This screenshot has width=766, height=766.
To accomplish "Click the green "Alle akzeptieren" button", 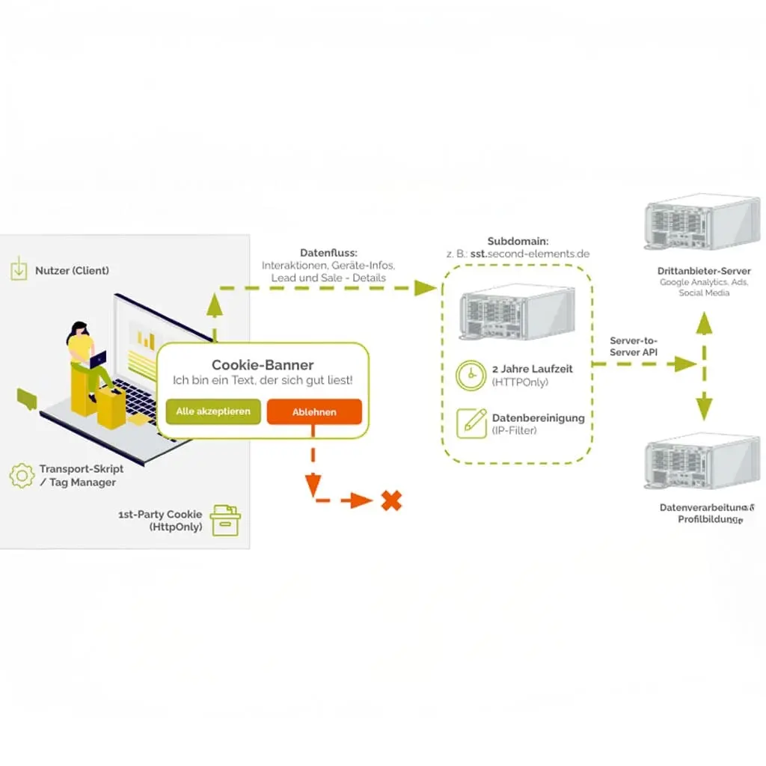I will point(213,411).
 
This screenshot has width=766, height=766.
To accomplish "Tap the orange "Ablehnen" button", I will point(314,411).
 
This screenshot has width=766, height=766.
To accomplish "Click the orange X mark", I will point(390,500).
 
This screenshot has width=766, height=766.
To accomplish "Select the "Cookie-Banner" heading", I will point(263,365).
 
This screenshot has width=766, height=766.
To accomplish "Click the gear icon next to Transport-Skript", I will point(22,476).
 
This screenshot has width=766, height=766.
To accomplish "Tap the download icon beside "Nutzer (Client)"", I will point(19,270).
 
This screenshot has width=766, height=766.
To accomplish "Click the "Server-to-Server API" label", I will point(634,346).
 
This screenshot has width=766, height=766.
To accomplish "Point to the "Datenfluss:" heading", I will point(328,253).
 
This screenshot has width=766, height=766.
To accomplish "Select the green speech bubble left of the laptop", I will point(27,398).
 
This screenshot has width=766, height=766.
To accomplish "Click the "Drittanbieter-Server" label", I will point(704,271).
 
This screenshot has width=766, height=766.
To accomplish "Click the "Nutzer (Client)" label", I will point(72,270).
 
